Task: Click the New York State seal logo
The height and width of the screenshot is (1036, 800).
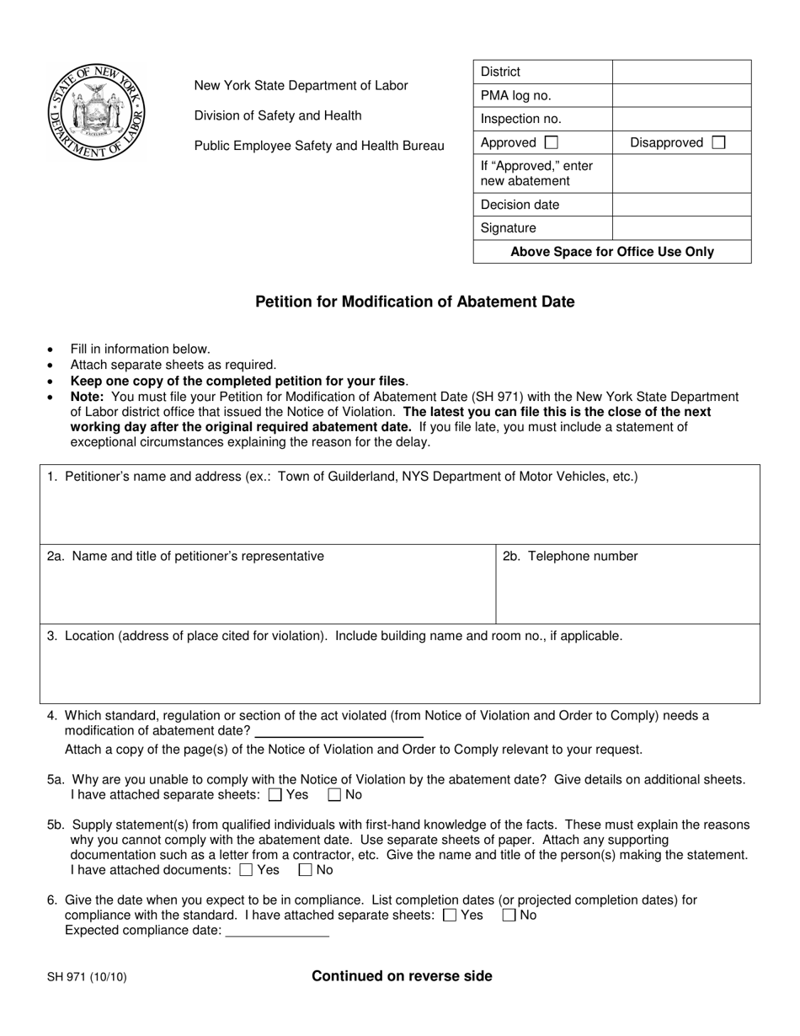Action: coord(97,113)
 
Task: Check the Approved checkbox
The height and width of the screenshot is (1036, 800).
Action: coord(552,142)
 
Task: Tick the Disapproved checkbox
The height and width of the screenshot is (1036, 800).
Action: coord(718,142)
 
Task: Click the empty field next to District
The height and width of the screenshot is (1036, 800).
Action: coord(681,72)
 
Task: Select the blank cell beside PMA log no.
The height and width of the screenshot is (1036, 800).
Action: coord(681,95)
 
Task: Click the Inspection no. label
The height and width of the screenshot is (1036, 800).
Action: coord(520,119)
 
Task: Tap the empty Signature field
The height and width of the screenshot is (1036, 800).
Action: coord(681,227)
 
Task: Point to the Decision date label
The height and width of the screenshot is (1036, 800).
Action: coord(520,205)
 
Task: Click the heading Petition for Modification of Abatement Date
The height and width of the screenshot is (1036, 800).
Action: coord(415,302)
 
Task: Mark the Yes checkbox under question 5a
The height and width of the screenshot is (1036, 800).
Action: coord(275,794)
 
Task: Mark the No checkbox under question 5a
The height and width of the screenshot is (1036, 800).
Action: coord(334,794)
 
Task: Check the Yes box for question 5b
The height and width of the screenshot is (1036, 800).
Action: coord(246,870)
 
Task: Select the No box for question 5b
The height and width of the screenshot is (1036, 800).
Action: coord(306,870)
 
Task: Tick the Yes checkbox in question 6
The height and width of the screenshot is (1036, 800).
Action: coord(450,915)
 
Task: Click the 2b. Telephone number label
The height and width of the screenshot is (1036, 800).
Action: coord(570,556)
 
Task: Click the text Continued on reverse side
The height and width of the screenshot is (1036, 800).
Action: coord(402,976)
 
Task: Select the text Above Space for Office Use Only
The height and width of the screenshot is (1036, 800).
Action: coord(612,251)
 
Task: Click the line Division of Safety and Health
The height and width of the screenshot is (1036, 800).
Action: coord(278,115)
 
